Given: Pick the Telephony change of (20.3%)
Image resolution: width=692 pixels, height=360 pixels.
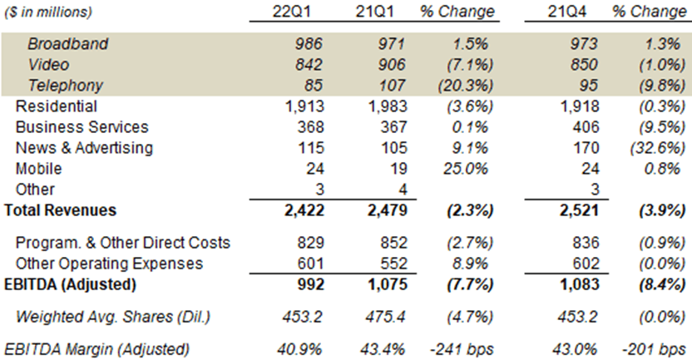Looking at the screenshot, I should pyautogui.click(x=467, y=86).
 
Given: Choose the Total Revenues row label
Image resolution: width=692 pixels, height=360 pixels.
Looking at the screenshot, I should pyautogui.click(x=61, y=210).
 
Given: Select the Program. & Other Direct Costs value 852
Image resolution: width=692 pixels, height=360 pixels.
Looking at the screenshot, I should pyautogui.click(x=391, y=244).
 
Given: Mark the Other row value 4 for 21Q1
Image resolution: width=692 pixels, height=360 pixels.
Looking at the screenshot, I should pyautogui.click(x=403, y=190).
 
